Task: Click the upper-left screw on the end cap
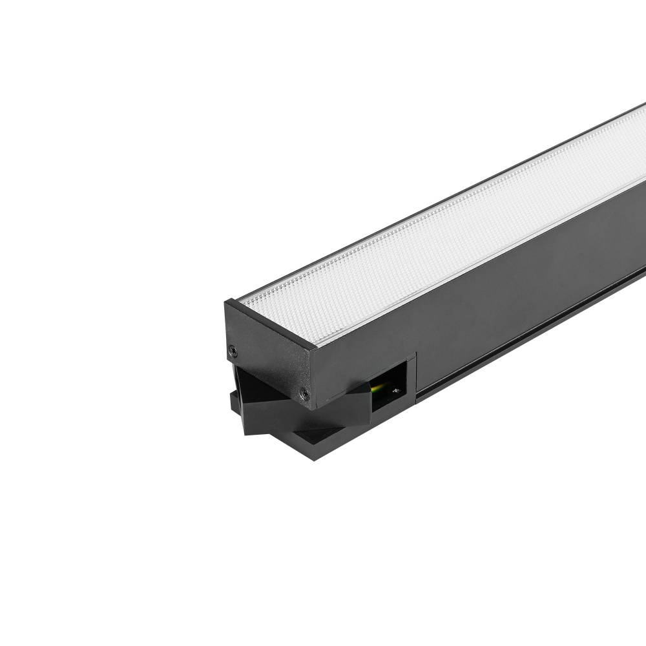click(x=233, y=351)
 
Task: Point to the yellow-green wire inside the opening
click(x=380, y=388)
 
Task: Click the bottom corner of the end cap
click(x=311, y=408)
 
